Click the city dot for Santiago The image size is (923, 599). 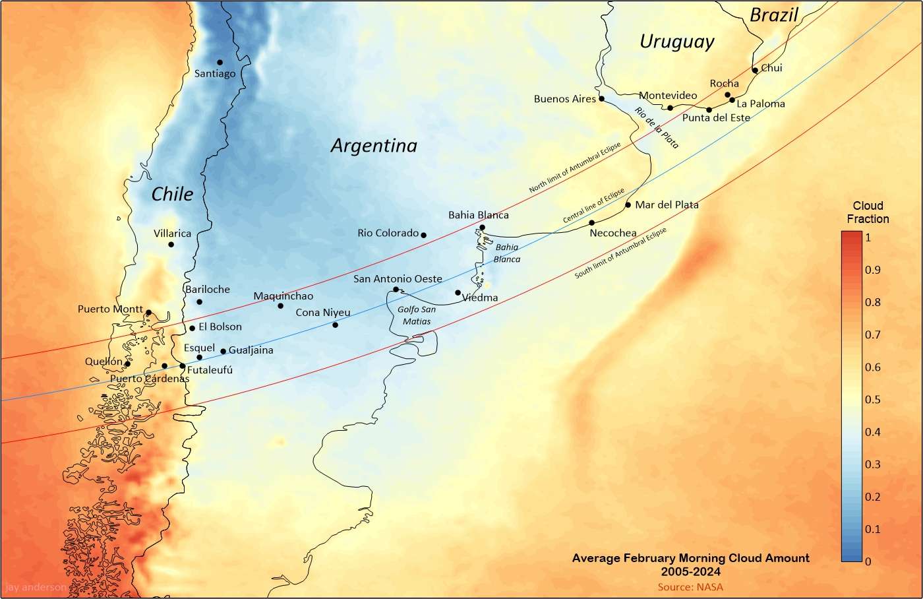(220, 63)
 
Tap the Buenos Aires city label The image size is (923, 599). (564, 99)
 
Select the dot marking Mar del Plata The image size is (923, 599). (628, 205)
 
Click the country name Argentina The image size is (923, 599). (374, 146)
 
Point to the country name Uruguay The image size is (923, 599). (676, 42)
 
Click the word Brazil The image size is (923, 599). (774, 15)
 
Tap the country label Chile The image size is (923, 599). (172, 194)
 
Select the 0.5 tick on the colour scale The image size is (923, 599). (872, 400)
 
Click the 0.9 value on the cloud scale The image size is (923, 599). (872, 270)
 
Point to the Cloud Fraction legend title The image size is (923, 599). (868, 212)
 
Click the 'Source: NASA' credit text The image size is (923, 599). (690, 587)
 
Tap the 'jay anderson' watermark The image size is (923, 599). (36, 587)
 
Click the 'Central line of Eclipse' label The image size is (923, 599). (593, 206)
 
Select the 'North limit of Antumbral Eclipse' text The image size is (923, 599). (574, 168)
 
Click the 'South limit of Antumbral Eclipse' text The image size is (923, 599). (620, 253)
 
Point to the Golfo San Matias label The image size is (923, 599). (417, 315)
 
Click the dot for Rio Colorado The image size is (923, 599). (423, 236)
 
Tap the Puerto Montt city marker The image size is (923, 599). (148, 313)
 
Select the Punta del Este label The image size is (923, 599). (716, 118)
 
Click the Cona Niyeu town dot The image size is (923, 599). (335, 325)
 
